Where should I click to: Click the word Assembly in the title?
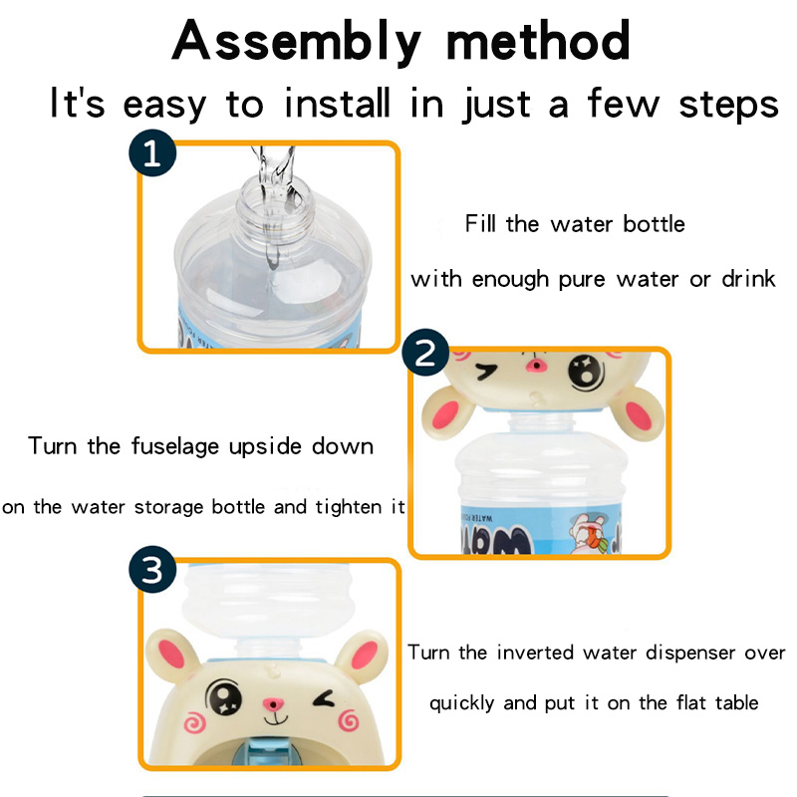[x=297, y=42]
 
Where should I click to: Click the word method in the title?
[x=538, y=41]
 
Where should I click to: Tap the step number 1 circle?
[x=152, y=152]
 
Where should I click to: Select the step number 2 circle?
[x=425, y=353]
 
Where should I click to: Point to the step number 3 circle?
[x=152, y=569]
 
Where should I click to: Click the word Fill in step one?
[x=480, y=223]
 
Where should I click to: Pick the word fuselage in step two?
[x=175, y=446]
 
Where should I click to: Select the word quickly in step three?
[x=461, y=704]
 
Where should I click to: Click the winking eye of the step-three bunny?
[x=325, y=699]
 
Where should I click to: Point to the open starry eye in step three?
[x=223, y=696]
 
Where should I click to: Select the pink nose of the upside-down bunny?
[x=535, y=365]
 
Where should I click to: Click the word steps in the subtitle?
[x=729, y=106]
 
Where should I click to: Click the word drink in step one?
[x=748, y=279]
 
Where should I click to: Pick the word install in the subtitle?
[x=337, y=103]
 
